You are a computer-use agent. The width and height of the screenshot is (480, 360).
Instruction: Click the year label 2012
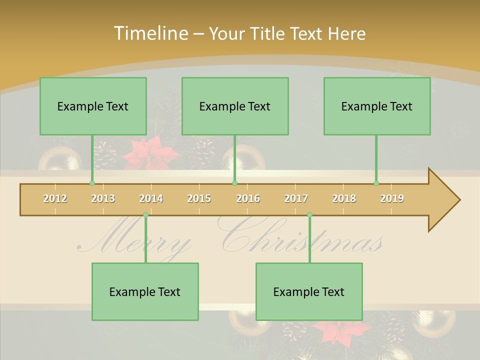pos(55,198)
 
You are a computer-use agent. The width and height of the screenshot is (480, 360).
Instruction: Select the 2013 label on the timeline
pos(103,198)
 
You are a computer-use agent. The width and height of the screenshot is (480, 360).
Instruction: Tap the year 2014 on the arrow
pos(151,198)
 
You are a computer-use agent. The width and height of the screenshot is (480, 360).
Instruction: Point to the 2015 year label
pos(199,198)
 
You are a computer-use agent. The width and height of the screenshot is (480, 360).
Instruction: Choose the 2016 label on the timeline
pos(248,198)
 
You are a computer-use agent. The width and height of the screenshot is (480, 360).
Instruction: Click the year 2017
pos(296,198)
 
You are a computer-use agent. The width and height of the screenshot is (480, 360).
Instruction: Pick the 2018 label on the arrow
pos(344,198)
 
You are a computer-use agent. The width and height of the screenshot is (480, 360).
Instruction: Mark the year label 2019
pos(392,198)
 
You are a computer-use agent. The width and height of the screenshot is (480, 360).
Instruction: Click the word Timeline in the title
pos(150,33)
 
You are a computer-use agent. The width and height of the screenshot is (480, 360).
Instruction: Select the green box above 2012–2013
pos(93,106)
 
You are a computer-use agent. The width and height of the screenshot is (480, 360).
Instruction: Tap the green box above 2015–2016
pos(235,106)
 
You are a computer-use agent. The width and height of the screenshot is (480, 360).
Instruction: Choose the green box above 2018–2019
pos(377,106)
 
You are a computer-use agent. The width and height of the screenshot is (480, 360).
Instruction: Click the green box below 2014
pos(145,291)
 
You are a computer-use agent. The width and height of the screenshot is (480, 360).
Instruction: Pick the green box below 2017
pos(309,291)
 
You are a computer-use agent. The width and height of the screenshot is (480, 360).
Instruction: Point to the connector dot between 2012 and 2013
pos(92,183)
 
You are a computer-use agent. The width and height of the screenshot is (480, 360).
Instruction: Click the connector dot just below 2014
pos(145,215)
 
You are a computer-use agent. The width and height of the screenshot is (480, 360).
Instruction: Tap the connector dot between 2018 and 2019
pos(376,183)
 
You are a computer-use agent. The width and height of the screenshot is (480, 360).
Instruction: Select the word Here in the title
pos(347,34)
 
